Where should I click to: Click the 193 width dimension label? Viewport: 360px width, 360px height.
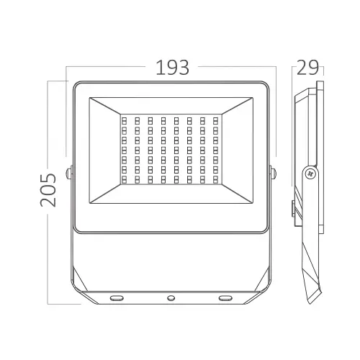[x=172, y=68]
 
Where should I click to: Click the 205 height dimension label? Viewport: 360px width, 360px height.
[x=48, y=190]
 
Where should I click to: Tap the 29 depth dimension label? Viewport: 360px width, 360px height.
[x=307, y=68]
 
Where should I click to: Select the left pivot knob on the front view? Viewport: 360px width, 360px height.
[x=69, y=173]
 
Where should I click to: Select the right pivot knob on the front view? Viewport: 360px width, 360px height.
[x=273, y=173]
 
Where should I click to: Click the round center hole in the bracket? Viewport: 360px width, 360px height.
[x=171, y=298]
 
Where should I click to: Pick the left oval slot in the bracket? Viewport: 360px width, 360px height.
[x=117, y=298]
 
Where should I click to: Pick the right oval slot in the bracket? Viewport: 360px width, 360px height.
[x=225, y=298]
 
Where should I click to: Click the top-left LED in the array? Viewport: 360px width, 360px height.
[x=125, y=120]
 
